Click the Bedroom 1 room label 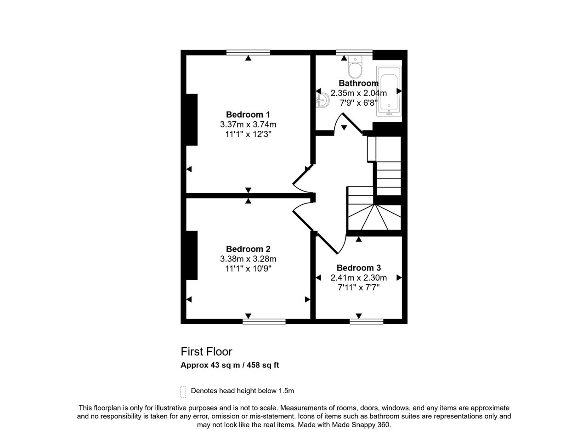(248, 115)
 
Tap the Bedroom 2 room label (248, 249)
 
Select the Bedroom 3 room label (359, 268)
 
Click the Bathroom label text (359, 83)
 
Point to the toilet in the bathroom (355, 67)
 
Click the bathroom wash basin (322, 101)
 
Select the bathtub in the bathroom (389, 91)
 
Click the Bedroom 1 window (248, 52)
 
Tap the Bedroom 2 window (264, 322)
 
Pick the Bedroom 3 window (367, 322)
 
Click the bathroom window (354, 52)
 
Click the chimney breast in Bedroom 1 (192, 120)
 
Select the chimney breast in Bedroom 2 (192, 255)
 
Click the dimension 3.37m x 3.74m (248, 124)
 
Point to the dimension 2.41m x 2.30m (359, 278)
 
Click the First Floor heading (206, 352)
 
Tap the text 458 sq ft (263, 365)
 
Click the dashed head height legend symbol (183, 392)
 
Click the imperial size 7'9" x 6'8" (359, 103)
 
